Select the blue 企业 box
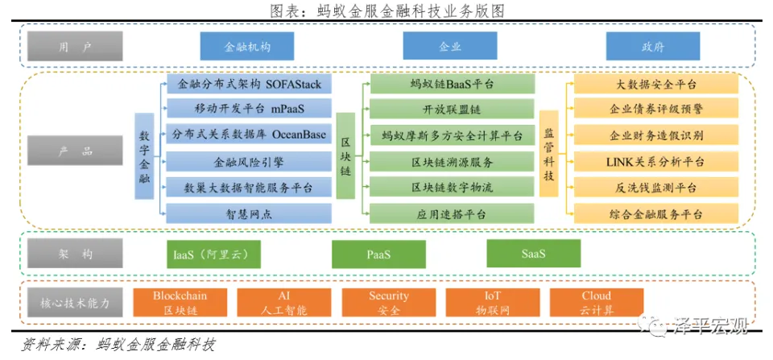tap(450, 46)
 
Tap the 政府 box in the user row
tap(653, 46)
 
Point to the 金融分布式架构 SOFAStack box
tap(249, 83)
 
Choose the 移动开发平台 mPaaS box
tap(249, 109)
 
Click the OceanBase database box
tap(249, 134)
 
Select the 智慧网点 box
tap(249, 213)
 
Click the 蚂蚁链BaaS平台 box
tap(453, 84)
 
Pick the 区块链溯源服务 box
tap(453, 162)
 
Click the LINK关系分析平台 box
tap(656, 162)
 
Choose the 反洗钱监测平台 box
tap(656, 188)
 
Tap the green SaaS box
tap(533, 254)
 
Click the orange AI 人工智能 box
tap(283, 303)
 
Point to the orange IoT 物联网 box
tap(493, 303)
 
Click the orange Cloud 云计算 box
tap(597, 303)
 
